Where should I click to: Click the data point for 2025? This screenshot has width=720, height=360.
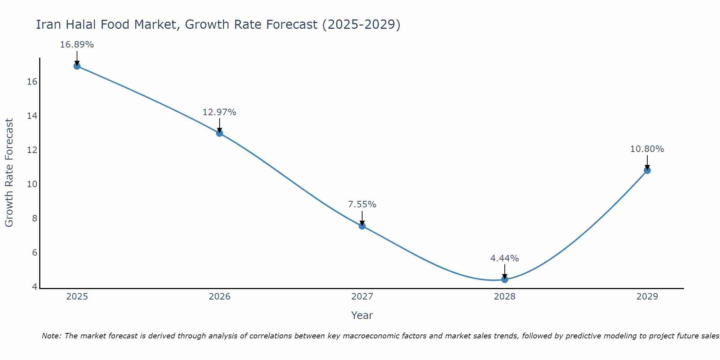coord(77,66)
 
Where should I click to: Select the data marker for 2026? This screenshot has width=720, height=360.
coord(220,133)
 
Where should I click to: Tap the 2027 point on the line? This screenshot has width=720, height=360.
coord(362,226)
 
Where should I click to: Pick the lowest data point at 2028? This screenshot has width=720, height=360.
coord(505,279)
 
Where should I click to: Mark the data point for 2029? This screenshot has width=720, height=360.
coord(647,170)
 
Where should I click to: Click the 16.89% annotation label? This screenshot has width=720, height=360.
coord(77,45)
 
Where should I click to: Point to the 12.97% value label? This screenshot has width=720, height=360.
coord(220,112)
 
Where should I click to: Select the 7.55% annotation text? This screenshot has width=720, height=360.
coord(362,204)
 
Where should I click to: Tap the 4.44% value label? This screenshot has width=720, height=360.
coord(505,258)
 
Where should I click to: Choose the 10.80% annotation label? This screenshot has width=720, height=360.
coord(647,149)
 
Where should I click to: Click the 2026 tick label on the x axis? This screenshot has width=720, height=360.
coord(220,297)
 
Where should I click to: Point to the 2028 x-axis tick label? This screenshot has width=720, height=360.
coord(505,297)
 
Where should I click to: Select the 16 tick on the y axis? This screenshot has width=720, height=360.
coord(32,82)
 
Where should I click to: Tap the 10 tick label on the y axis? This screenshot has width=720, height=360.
coord(32,184)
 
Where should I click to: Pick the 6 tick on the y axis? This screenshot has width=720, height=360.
coord(35,253)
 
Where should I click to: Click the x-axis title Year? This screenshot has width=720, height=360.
coord(362,315)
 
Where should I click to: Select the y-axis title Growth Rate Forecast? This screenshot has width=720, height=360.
coord(9,173)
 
